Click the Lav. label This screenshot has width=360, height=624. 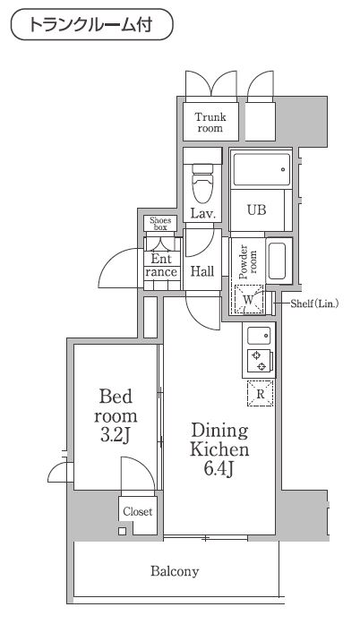click(x=201, y=213)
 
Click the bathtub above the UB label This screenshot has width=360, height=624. click(x=260, y=168)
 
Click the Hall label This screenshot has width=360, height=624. click(x=201, y=271)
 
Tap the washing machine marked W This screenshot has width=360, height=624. click(x=247, y=301)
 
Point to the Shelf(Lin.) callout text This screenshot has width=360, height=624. click(x=314, y=303)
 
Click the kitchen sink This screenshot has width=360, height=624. click(x=260, y=337)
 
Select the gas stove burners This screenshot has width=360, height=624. click(x=260, y=362)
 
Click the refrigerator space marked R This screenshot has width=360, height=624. click(x=260, y=394)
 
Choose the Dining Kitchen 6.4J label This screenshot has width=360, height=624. click(x=219, y=447)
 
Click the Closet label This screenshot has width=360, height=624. click(x=137, y=512)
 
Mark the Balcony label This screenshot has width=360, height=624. click(x=175, y=570)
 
